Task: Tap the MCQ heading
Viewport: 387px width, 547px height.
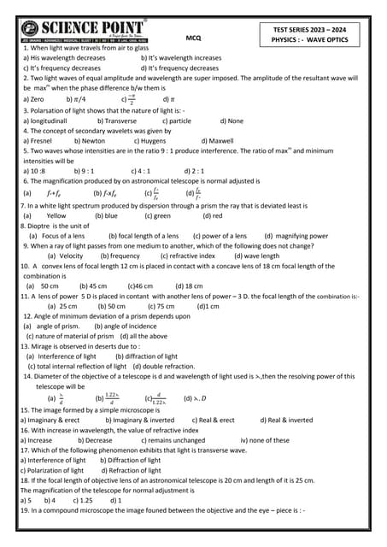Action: [x=193, y=38]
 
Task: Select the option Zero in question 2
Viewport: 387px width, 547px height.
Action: [x=37, y=99]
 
